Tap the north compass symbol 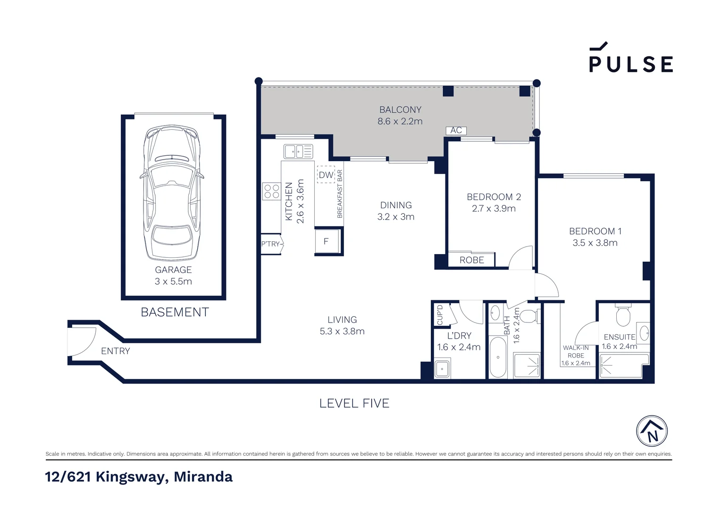coord(652,431)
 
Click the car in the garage coord(172,193)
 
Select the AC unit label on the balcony coord(456,130)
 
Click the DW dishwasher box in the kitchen coord(326,175)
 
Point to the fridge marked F coord(327,241)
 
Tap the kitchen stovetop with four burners coord(271,191)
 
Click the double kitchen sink coord(298,152)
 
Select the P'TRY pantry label coord(270,244)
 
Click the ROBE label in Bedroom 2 coord(471,260)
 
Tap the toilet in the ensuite coord(623,315)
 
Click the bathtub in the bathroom coord(498,357)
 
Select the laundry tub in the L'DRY coord(442,368)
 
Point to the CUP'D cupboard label coord(440,314)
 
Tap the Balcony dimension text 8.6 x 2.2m coord(400,121)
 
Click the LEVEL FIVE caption coord(354,403)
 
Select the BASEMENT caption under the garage coord(175,312)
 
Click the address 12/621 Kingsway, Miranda coord(139,476)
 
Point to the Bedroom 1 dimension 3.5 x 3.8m coord(595,243)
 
